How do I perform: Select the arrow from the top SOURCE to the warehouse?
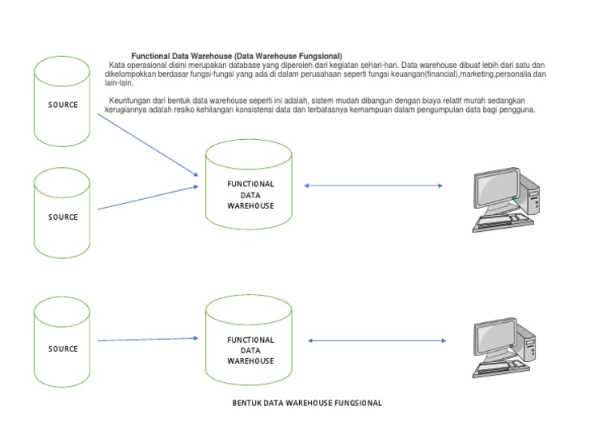coord(147,144)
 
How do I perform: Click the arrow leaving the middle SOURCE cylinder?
coord(147,197)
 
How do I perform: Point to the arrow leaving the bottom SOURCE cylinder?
coord(147,340)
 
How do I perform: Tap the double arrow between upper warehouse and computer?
coord(373,186)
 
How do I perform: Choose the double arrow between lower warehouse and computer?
coord(377,340)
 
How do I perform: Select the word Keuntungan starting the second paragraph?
coord(127,101)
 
